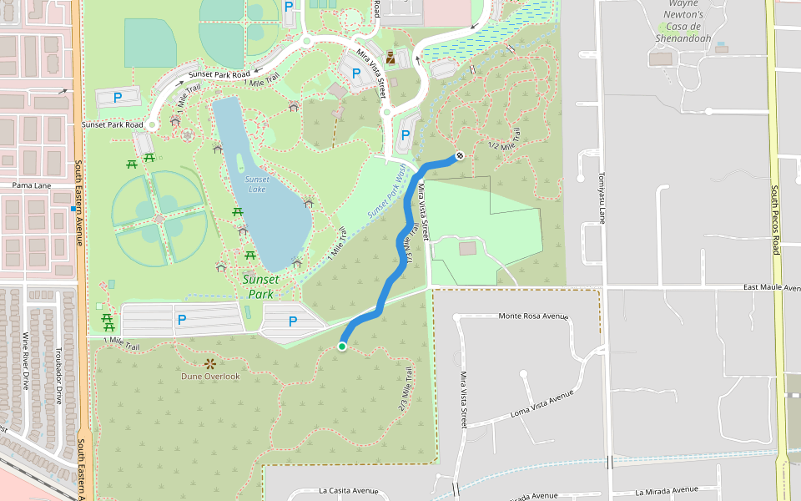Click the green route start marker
pos(342,347)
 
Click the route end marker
pos(460,155)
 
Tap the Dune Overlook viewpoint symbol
pos(209,363)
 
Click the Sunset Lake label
pos(257,185)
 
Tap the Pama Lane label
pos(32,185)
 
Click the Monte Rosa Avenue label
pos(532,316)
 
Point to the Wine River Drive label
pos(26,361)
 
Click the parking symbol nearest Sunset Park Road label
pos(118,98)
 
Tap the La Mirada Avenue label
pos(666,490)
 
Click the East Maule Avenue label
pos(772,288)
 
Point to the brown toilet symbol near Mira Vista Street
pos(390,61)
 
